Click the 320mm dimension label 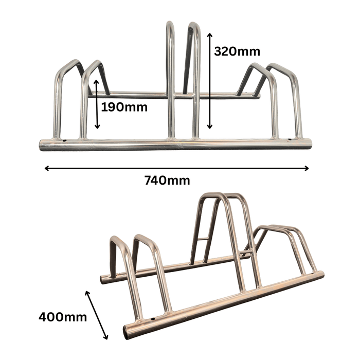(237, 51)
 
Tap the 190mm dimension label (124, 107)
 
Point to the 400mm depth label (63, 316)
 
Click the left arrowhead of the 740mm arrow (47, 168)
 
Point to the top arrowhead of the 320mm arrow (209, 34)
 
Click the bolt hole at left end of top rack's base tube (64, 140)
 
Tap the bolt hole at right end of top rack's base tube (289, 139)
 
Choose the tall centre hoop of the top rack (183, 77)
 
